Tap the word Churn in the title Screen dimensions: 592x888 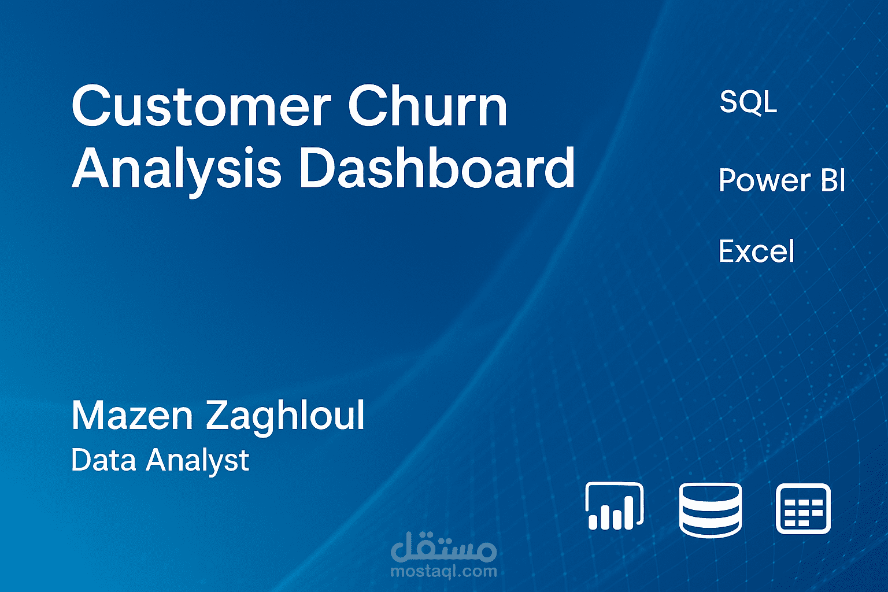(427, 106)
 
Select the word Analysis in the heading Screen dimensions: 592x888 (176, 169)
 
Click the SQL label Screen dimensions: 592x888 (748, 102)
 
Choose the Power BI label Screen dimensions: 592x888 (782, 180)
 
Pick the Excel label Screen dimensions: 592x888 (756, 251)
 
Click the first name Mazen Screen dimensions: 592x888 (132, 415)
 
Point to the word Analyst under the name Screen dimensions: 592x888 (197, 461)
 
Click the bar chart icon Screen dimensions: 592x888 (615, 506)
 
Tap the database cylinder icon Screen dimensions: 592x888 (710, 509)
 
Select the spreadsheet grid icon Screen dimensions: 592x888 (803, 509)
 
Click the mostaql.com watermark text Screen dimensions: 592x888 (443, 572)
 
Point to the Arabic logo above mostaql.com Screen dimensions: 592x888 (443, 547)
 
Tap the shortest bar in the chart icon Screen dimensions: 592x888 (593, 521)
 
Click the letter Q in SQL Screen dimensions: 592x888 (750, 103)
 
